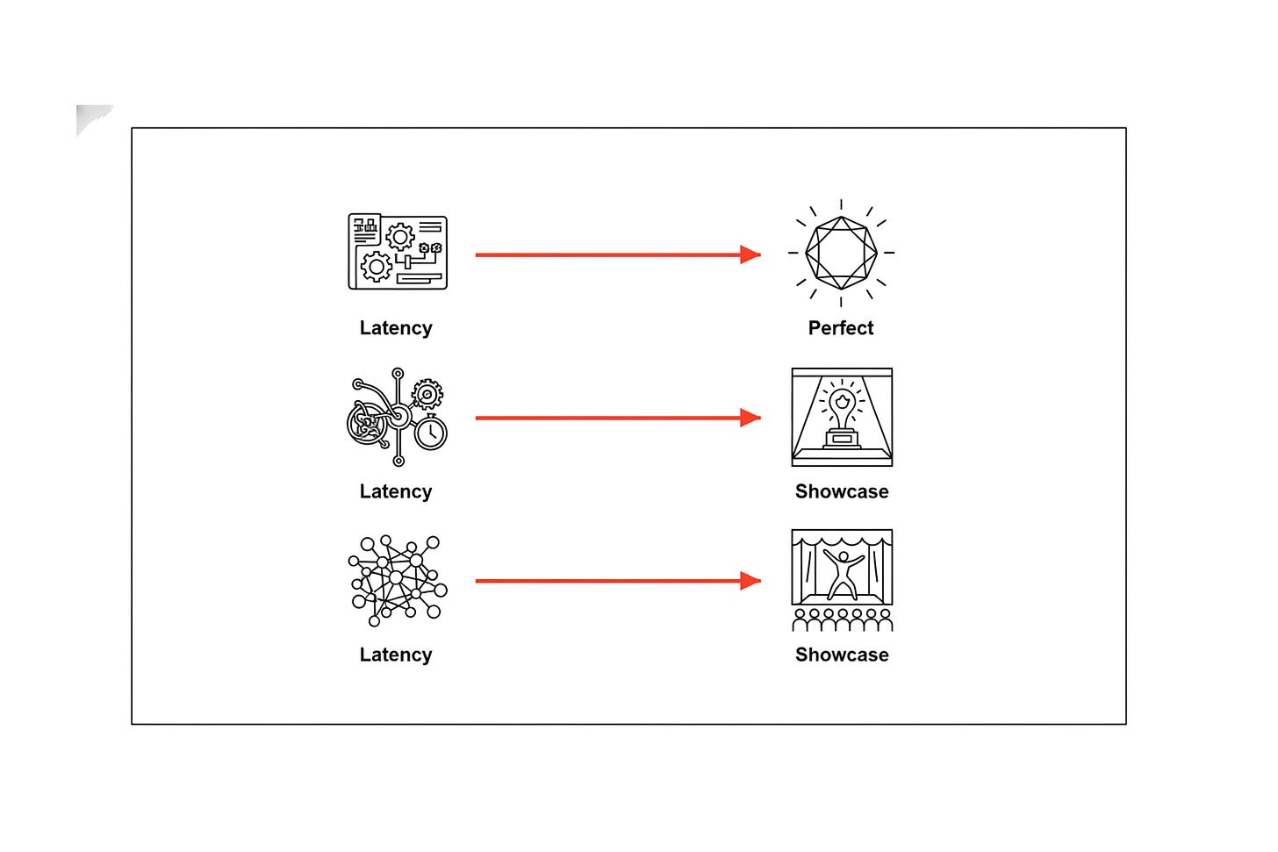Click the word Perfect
click(x=840, y=328)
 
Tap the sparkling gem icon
click(x=841, y=253)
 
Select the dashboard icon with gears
click(x=398, y=252)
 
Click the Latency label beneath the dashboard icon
click(x=396, y=328)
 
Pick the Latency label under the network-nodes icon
click(x=396, y=655)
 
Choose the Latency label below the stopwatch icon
click(x=396, y=491)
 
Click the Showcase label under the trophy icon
click(x=842, y=491)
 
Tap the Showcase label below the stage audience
click(x=842, y=655)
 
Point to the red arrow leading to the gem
click(x=618, y=255)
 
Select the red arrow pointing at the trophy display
click(x=618, y=418)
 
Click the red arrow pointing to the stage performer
click(x=618, y=581)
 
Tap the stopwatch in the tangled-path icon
click(x=431, y=433)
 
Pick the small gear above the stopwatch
click(x=427, y=394)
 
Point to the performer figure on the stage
click(x=843, y=574)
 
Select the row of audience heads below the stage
click(x=842, y=619)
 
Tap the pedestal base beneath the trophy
click(x=842, y=439)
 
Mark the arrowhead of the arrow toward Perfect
click(x=750, y=255)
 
